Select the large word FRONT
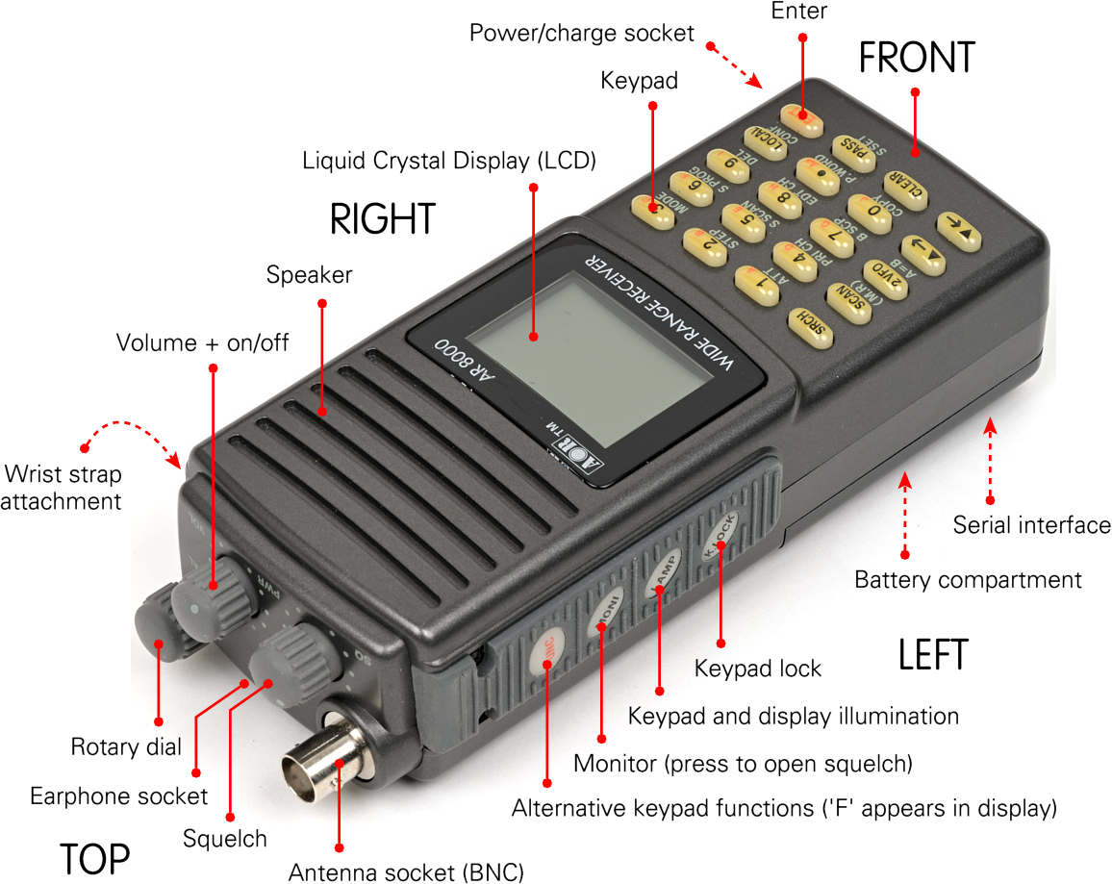pos(916,58)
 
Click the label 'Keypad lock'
pos(758,668)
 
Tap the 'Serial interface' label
pos(1031,525)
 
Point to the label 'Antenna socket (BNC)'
pos(406,872)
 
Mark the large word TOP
pos(94,858)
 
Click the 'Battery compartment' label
pos(968,580)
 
